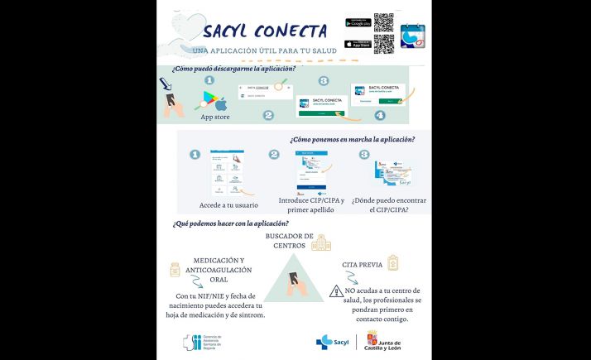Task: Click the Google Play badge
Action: pyautogui.click(x=358, y=23)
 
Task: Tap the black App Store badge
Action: pyautogui.click(x=358, y=43)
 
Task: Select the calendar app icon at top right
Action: pyautogui.click(x=412, y=36)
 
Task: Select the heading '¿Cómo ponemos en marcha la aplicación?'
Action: pyautogui.click(x=352, y=140)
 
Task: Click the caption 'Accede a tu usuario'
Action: pyautogui.click(x=228, y=205)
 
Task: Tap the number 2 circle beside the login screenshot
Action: pyautogui.click(x=274, y=155)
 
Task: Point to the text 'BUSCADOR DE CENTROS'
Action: pyautogui.click(x=289, y=241)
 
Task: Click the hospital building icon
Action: pyautogui.click(x=321, y=242)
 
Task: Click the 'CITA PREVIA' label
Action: pyautogui.click(x=362, y=266)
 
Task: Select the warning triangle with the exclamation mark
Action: pyautogui.click(x=336, y=291)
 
